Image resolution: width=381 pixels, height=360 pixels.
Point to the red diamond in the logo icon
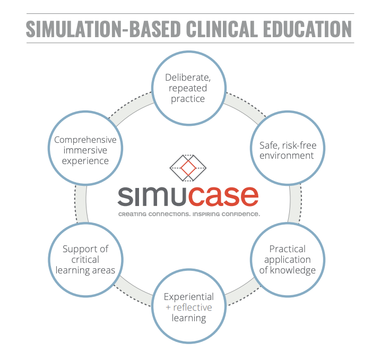pos(188,169)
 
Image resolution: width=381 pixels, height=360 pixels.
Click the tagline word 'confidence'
pos(241,214)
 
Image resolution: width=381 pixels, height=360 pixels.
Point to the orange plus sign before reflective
pos(168,308)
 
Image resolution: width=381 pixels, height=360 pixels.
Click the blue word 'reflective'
pos(193,307)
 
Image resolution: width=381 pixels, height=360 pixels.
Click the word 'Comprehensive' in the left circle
pos(85,140)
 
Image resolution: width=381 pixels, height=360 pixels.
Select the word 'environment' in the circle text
pos(287,156)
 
